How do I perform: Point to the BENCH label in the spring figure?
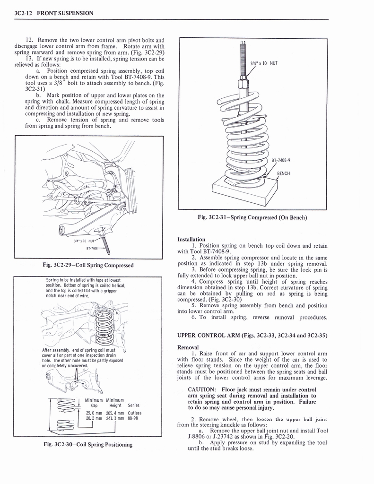[283, 173]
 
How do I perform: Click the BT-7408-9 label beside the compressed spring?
[281, 160]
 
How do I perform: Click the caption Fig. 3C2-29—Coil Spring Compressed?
[89, 265]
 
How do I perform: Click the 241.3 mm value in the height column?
[115, 418]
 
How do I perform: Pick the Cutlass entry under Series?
[135, 413]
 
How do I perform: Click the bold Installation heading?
[191, 239]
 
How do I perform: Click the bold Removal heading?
[188, 347]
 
